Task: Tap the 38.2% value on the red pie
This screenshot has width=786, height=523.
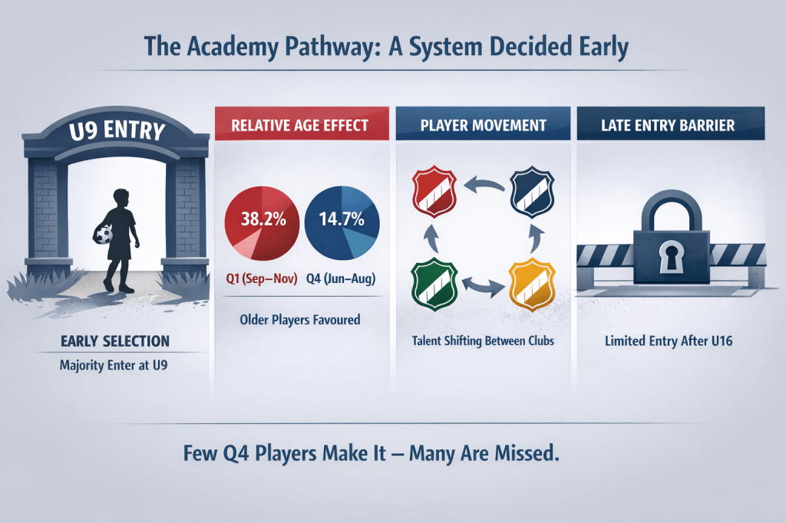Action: [x=264, y=219]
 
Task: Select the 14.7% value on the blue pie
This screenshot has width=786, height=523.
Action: [x=342, y=219]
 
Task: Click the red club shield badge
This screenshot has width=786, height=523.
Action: [x=434, y=192]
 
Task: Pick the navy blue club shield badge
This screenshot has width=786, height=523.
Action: [x=532, y=192]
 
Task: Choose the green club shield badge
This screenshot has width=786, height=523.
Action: [x=434, y=284]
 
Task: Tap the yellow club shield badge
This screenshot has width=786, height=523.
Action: [x=532, y=284]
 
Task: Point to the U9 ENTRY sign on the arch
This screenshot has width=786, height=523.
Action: [x=117, y=130]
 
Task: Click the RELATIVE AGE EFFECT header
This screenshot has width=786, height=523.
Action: [x=300, y=125]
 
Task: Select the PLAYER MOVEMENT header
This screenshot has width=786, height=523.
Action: [x=484, y=125]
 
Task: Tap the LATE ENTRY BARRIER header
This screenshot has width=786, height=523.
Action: [x=669, y=125]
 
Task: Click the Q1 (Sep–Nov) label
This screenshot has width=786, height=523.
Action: [x=262, y=278]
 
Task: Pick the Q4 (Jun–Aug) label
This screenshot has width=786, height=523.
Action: [x=341, y=278]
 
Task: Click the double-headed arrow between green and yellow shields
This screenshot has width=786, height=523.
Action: [x=484, y=285]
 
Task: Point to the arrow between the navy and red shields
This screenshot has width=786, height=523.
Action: [x=484, y=184]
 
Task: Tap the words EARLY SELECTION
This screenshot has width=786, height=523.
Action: [x=115, y=341]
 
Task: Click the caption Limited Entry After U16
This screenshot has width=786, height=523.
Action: [x=669, y=341]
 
